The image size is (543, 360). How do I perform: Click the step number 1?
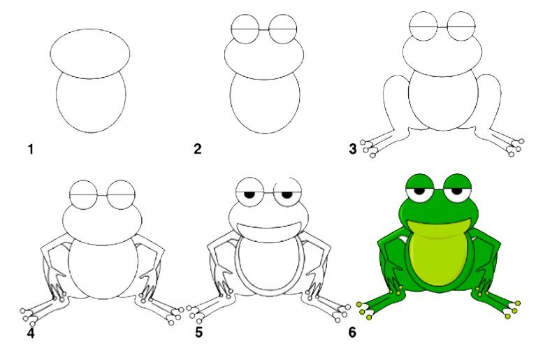(x=31, y=150)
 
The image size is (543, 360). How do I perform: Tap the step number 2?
(x=197, y=149)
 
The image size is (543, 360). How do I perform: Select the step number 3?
(x=352, y=149)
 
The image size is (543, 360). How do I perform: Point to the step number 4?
(x=31, y=333)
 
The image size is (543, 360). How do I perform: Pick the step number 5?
(x=198, y=333)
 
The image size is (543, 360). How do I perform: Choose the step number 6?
(x=352, y=333)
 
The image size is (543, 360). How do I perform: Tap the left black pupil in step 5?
(x=249, y=194)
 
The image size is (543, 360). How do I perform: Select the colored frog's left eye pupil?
(x=420, y=191)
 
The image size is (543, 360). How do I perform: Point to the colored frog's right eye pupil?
(x=457, y=191)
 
